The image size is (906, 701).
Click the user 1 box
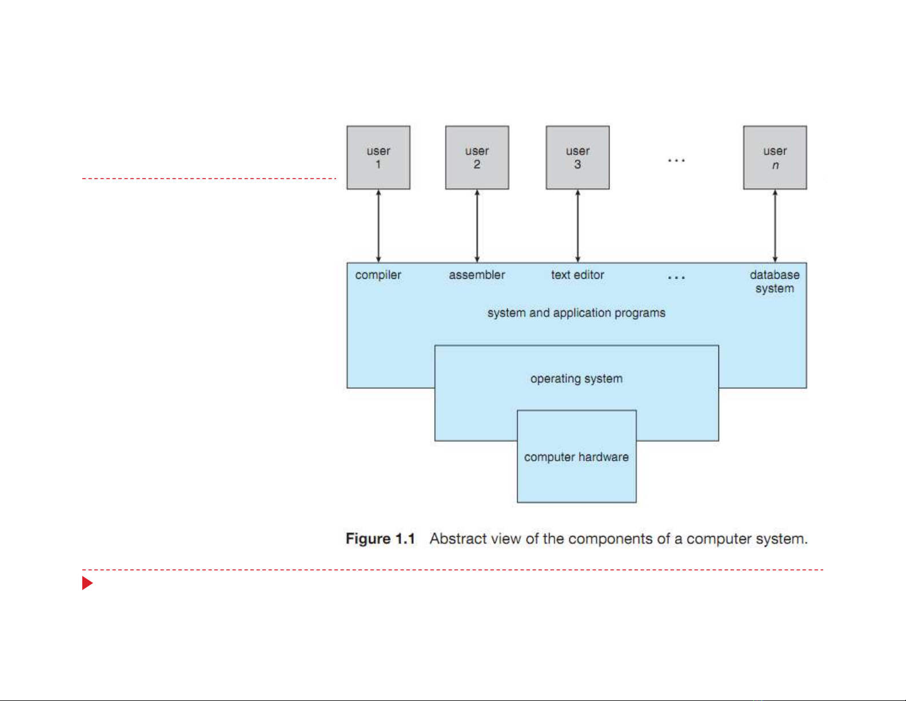point(378,157)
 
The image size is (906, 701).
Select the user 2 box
point(477,157)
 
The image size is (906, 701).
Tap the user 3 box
point(577,157)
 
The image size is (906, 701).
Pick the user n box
point(775,157)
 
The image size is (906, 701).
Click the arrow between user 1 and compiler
point(378,226)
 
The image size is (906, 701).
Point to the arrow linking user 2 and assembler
point(477,226)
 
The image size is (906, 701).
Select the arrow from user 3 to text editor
point(578,226)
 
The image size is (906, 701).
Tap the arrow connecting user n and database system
point(775,226)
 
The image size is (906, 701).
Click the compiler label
point(378,275)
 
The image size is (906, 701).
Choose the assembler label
point(477,275)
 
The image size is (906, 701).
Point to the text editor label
point(577,275)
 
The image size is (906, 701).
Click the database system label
point(775,282)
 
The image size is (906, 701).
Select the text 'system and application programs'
point(576,313)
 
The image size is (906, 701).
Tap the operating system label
point(576,379)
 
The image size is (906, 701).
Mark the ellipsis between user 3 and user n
point(676,161)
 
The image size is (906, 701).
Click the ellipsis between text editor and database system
point(676,278)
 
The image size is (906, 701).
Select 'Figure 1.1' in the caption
point(380,539)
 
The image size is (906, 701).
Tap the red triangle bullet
point(87,583)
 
